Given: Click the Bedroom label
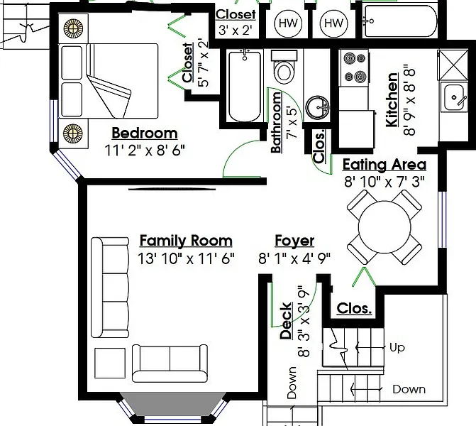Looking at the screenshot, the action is (x=145, y=133).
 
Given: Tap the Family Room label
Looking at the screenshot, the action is (x=186, y=241).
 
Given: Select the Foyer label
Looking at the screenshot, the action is (x=294, y=241).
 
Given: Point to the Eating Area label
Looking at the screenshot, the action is (x=384, y=165).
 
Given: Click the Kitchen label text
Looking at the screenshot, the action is (x=392, y=99).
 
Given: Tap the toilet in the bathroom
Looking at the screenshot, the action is (x=284, y=67).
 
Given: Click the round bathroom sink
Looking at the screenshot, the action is (x=317, y=107).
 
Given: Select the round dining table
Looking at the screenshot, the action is (x=384, y=227).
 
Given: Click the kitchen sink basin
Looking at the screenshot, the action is (x=454, y=97).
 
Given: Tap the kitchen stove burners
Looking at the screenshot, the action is (x=354, y=67).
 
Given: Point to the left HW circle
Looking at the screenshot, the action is (x=288, y=23).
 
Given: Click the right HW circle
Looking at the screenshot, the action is (x=334, y=23).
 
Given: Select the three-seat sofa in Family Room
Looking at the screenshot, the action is (x=110, y=288).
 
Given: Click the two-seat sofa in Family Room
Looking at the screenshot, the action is (x=170, y=363).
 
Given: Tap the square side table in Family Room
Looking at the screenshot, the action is (x=110, y=363).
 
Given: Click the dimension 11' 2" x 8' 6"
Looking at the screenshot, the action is (x=145, y=150).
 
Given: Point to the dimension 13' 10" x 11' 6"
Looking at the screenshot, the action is (x=186, y=258).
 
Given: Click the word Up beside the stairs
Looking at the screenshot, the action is (x=397, y=347).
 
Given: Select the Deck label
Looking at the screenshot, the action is (x=286, y=321).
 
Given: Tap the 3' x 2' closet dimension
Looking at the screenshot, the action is (x=236, y=30).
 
